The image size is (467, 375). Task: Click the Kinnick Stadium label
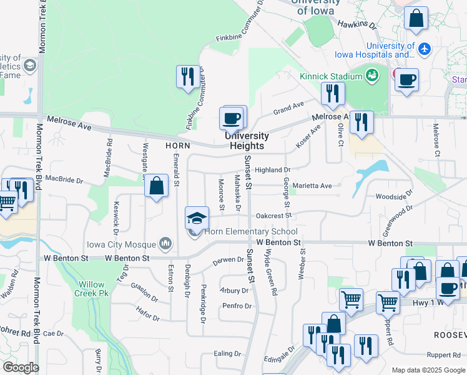coord(331,76)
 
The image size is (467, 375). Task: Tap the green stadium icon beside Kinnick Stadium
coord(372,76)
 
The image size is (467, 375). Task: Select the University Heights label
coord(247,141)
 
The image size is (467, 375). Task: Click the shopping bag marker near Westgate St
coord(157,186)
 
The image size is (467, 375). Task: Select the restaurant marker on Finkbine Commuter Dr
coord(188,77)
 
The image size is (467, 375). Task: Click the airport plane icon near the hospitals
coord(425,49)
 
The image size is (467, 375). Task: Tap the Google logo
coord(20,367)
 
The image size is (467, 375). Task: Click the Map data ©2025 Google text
coord(428,370)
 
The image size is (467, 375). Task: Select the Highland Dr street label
coord(273,170)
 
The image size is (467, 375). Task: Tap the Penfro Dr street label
coord(237,306)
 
